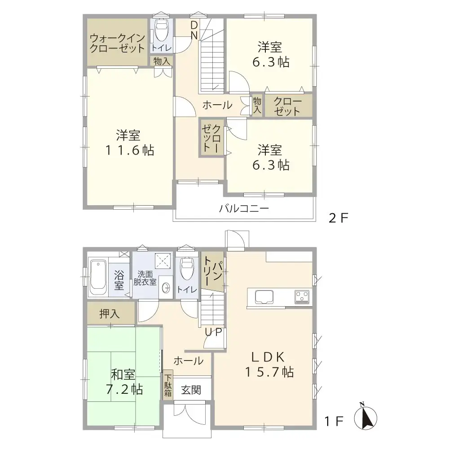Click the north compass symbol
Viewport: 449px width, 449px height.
point(365,417)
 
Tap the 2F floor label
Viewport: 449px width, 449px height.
point(338,219)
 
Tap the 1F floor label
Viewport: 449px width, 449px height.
point(334,421)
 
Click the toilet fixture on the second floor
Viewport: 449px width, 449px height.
point(162,30)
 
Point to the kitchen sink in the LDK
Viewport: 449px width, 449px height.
point(264,297)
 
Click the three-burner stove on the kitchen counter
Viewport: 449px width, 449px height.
point(302,297)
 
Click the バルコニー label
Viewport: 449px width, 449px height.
point(244,208)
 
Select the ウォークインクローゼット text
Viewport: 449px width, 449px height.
point(117,43)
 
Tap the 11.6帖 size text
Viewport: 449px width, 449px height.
point(130,150)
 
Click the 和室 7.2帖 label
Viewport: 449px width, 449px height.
point(124,382)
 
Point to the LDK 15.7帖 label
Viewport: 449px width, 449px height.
point(269,365)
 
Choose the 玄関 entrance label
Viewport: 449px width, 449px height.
point(191,390)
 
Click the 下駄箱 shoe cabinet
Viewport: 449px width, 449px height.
point(168,385)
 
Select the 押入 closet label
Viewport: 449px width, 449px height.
point(110,314)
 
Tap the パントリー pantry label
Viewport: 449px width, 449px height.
point(212,271)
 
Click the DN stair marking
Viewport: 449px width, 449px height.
point(194,31)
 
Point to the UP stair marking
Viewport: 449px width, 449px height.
point(213,332)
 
